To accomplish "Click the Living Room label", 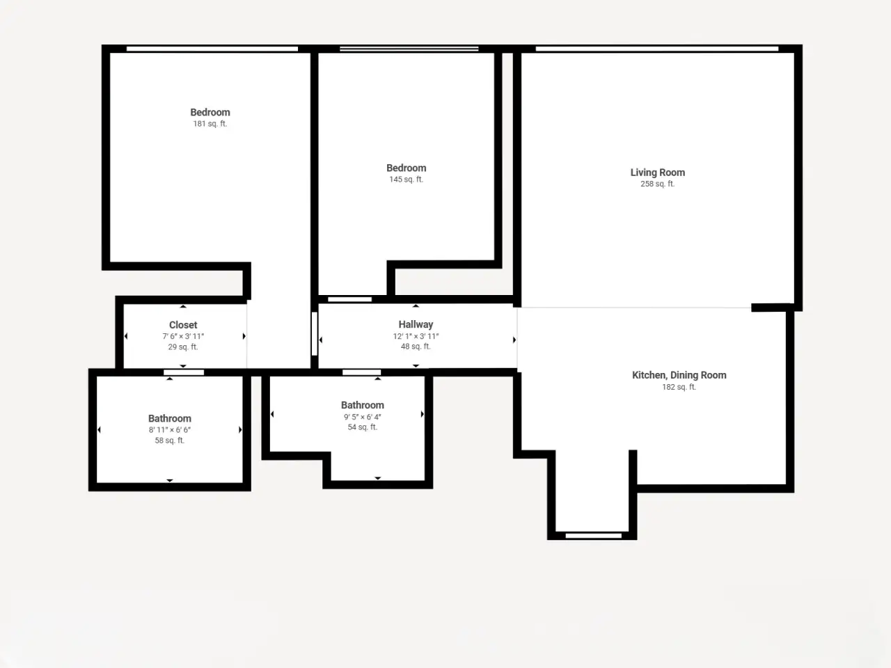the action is click(658, 173).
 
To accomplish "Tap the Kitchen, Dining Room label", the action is click(679, 375).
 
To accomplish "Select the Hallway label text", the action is click(416, 324).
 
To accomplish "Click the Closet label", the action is click(183, 325).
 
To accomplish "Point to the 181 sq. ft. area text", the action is click(210, 124).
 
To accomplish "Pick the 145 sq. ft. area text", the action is click(406, 180).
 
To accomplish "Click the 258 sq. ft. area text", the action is click(658, 184).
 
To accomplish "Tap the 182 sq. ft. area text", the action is click(679, 387).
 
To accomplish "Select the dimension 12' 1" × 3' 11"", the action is click(416, 336).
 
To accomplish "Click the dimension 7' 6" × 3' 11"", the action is click(183, 336).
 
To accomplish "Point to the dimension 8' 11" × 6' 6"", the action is click(170, 430).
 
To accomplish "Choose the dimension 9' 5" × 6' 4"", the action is click(363, 417).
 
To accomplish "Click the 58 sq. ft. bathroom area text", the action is click(170, 440).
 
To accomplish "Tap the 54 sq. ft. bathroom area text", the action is click(363, 427).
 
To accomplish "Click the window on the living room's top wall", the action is click(657, 49).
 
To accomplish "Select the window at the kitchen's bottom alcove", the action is click(594, 536).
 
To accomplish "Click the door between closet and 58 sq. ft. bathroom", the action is click(184, 372).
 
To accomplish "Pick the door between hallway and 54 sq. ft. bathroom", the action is click(362, 372).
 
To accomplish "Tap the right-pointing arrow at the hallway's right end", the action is click(514, 340).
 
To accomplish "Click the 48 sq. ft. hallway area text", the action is click(416, 347).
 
